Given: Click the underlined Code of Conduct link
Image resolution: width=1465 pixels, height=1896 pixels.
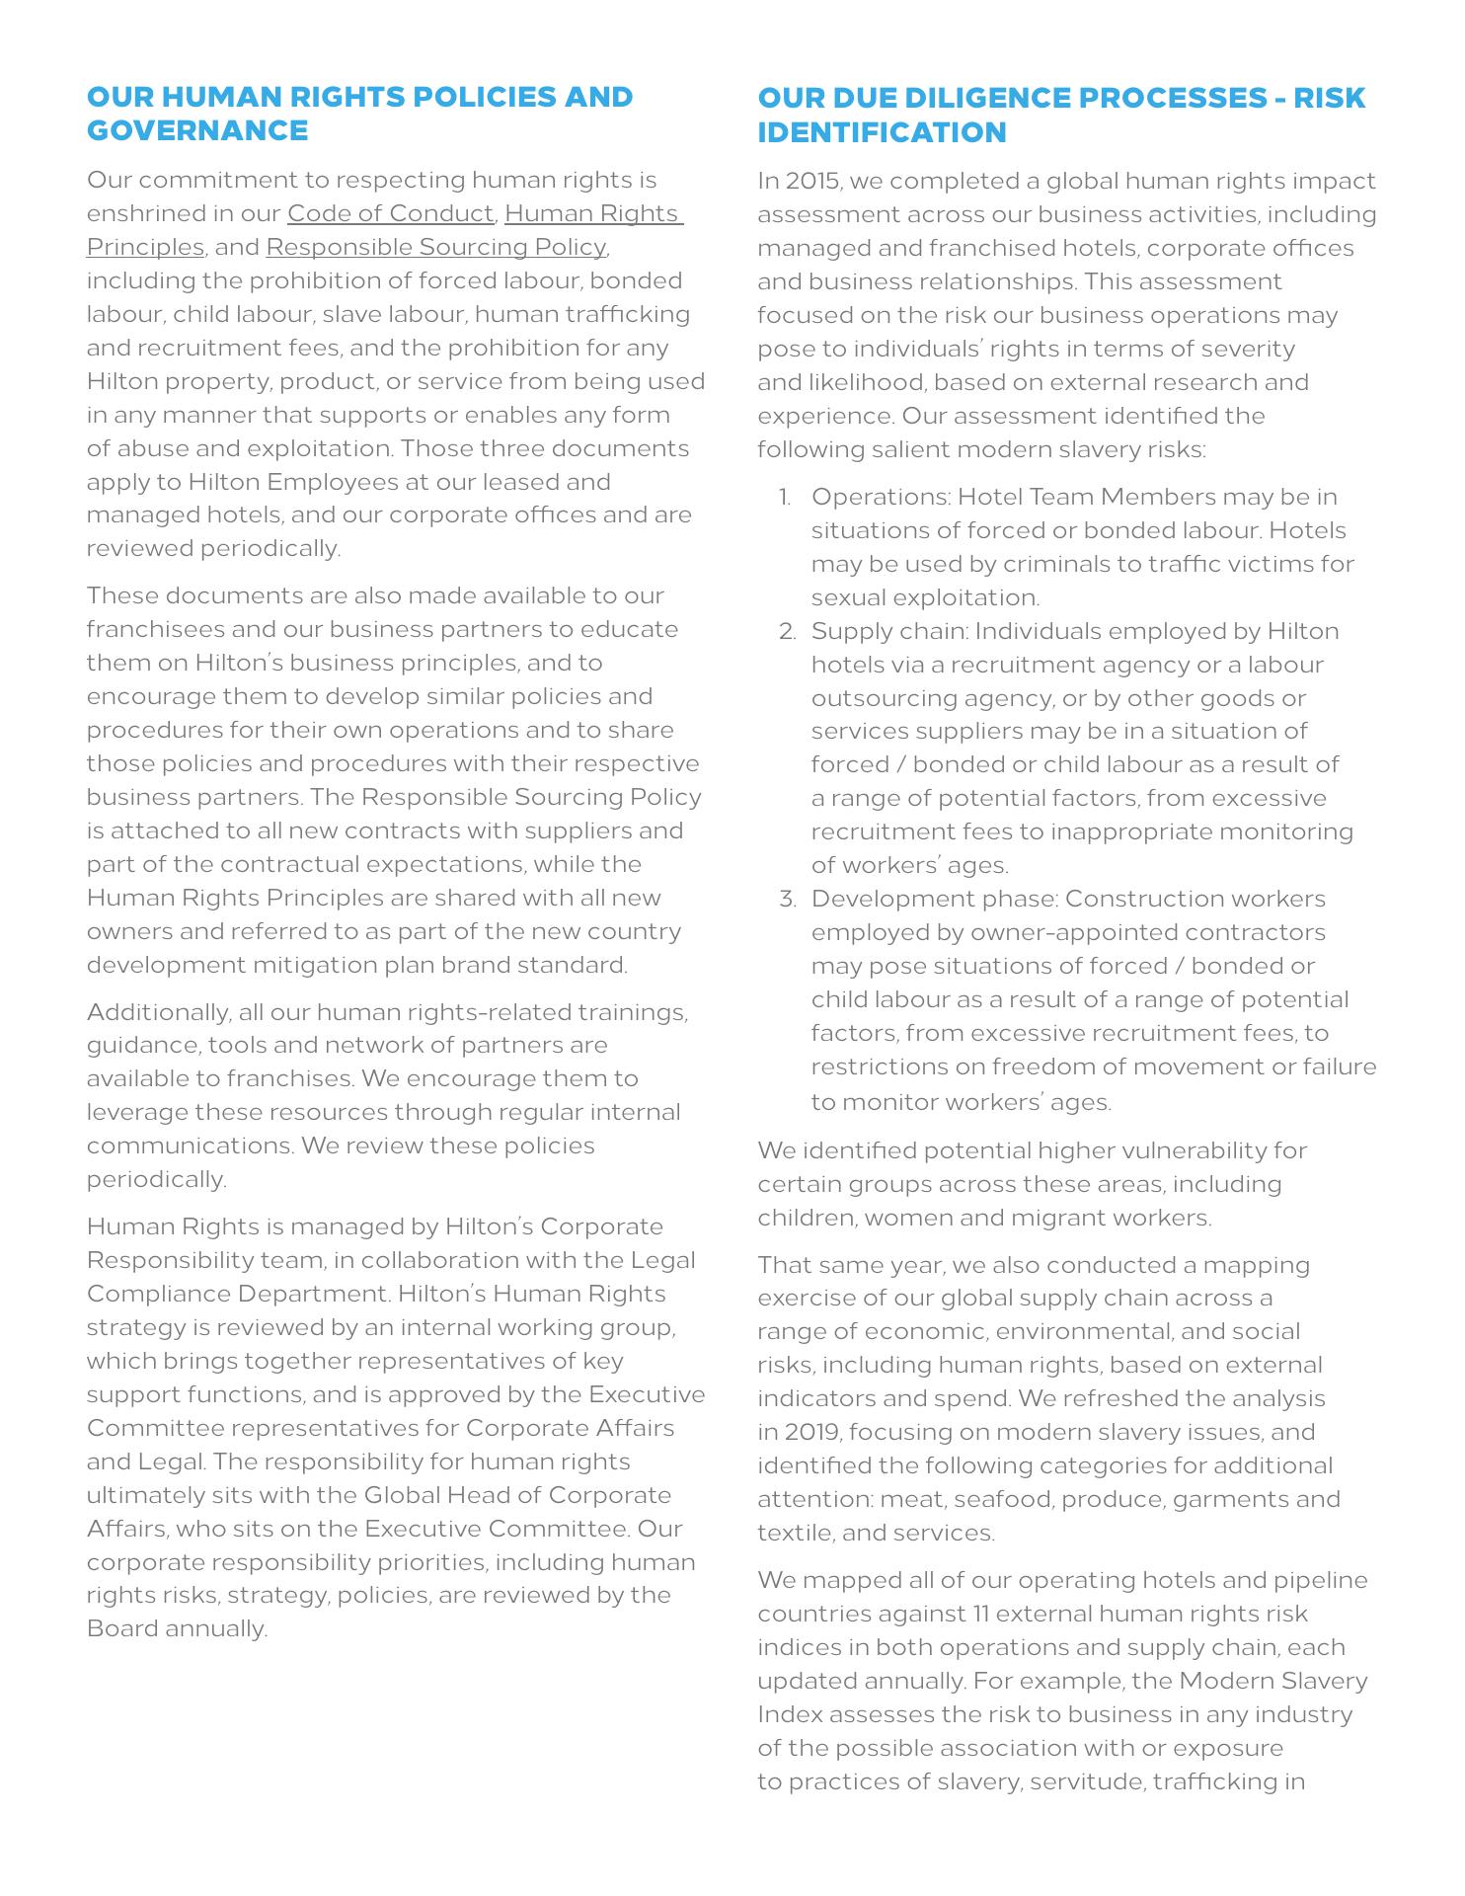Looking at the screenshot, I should pos(390,213).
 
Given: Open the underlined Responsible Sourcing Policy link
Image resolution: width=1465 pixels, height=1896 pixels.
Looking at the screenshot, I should pos(435,247).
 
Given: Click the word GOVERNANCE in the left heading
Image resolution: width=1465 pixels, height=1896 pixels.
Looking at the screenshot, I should pos(197,130).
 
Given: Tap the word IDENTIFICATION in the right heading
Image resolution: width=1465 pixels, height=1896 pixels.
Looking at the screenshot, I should pos(882,131).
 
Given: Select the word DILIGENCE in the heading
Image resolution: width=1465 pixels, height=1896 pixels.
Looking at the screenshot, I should pos(996,98).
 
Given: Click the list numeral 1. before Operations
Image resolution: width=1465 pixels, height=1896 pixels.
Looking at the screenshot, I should pos(786,497).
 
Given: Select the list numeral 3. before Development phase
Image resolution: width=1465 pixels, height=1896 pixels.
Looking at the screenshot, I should pos(786,899).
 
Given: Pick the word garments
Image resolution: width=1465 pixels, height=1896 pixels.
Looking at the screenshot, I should pos(1246,1499).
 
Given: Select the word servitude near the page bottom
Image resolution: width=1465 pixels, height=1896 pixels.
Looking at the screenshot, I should pos(1087,1781).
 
